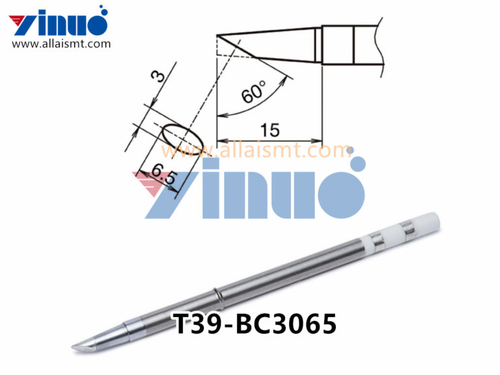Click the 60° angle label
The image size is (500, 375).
254,91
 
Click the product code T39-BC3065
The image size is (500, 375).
255,324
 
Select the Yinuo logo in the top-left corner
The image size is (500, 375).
59,23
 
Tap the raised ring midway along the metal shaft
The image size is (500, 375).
218,297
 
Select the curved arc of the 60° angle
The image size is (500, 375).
277,91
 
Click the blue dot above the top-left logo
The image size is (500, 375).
102,10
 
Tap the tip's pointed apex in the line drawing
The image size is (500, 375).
217,35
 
